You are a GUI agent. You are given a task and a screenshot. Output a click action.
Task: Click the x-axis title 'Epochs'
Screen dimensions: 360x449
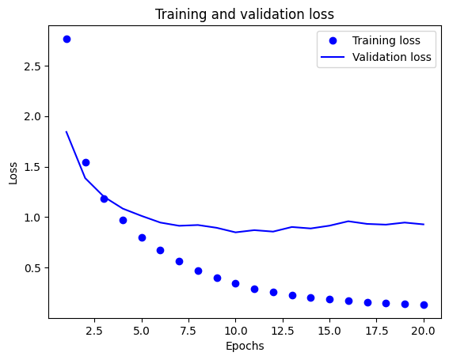(245, 346)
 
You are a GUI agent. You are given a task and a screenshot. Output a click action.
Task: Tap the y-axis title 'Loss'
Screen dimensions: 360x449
(13, 173)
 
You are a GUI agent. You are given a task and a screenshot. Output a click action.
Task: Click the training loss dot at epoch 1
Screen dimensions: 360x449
(67, 39)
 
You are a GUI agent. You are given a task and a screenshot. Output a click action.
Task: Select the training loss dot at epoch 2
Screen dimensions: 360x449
(86, 162)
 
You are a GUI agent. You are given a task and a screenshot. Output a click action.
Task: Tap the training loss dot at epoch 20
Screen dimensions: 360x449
(424, 305)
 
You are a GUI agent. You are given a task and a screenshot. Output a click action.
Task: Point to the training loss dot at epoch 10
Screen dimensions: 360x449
(235, 283)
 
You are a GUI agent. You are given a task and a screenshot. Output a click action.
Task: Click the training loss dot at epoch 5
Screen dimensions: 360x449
(142, 237)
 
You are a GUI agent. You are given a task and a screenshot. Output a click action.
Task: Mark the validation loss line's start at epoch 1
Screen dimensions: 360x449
(67, 132)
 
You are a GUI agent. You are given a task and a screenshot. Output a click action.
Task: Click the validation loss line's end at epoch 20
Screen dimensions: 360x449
(424, 224)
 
